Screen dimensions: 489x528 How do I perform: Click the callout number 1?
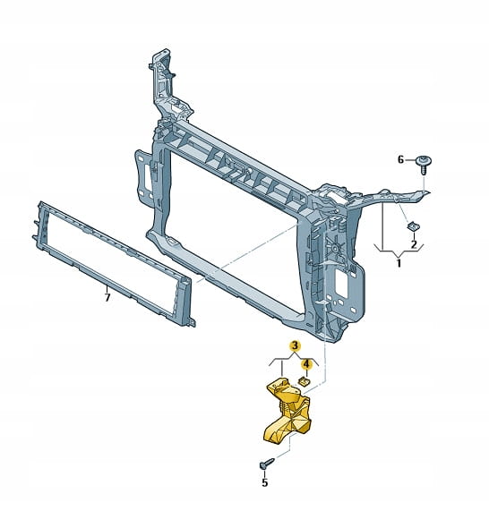point(399,262)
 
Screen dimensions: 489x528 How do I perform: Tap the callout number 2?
point(414,244)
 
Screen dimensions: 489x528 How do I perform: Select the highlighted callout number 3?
point(295,345)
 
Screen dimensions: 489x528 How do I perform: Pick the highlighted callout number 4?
point(306,364)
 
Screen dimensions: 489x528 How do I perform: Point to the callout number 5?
point(264,482)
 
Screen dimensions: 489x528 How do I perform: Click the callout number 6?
point(400,159)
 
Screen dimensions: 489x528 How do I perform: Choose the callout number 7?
point(107,298)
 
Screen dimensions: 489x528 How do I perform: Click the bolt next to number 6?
point(424,165)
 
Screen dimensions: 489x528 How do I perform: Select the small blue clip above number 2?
point(413,226)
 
